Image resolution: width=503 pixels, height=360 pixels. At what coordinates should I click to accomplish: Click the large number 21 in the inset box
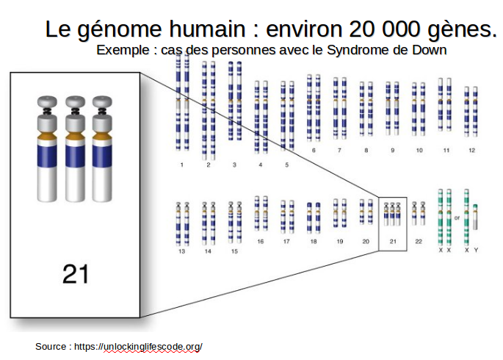coord(76,274)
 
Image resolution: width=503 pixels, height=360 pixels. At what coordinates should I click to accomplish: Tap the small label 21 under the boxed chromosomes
coord(393,242)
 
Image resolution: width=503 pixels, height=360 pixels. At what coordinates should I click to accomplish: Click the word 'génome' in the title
coord(120,29)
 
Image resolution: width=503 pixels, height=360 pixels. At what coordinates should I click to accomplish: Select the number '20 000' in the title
coord(384,29)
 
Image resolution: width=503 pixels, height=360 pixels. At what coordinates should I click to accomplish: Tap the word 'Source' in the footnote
coord(51,347)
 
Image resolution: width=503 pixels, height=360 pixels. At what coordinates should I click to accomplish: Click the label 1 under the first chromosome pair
coord(182,165)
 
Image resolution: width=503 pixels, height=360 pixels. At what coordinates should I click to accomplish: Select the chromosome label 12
coord(471,150)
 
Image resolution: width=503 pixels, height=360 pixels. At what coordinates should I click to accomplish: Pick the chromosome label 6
coord(314,150)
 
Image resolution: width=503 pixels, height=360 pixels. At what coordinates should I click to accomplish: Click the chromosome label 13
coord(181,251)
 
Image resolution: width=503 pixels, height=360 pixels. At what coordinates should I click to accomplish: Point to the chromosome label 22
coord(419,242)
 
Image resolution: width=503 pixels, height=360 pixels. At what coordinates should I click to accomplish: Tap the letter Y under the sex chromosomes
coord(476,250)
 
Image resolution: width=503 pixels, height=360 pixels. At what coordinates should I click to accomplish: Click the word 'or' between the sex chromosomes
coord(457,218)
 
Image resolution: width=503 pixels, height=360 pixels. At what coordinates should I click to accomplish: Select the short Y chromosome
coord(475,217)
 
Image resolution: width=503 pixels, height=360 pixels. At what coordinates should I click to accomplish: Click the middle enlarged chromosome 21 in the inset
coord(76,149)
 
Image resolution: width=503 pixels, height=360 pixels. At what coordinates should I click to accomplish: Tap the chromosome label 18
coord(314,242)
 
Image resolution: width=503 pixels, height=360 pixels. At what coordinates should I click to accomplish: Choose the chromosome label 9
coord(392,150)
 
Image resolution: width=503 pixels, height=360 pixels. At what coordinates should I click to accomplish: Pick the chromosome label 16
coord(261,241)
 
